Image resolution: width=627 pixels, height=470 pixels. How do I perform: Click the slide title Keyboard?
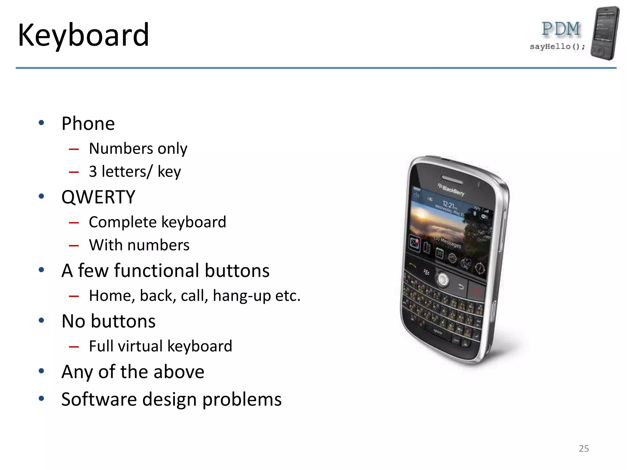tap(83, 35)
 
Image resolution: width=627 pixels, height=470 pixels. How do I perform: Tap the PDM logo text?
tap(560, 29)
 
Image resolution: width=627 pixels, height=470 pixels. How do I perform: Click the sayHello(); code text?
tap(557, 47)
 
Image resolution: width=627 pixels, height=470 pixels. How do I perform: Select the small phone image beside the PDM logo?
tap(605, 33)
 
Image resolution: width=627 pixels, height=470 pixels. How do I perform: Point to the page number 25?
tap(584, 449)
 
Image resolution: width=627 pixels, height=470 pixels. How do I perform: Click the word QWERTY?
tap(98, 197)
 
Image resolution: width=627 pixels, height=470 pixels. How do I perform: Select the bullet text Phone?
tap(88, 124)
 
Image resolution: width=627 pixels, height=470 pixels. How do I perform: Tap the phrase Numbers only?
tap(138, 149)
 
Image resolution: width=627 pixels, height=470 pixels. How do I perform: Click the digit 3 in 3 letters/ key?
tap(93, 171)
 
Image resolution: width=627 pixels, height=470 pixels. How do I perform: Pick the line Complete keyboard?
tap(157, 222)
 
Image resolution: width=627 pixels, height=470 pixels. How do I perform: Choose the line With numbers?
tap(139, 245)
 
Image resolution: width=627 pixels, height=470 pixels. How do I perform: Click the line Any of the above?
tap(133, 372)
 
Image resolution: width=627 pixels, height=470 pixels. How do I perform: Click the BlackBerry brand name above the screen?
tap(452, 190)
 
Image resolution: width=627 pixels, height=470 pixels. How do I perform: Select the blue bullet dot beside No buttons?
tap(42, 320)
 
